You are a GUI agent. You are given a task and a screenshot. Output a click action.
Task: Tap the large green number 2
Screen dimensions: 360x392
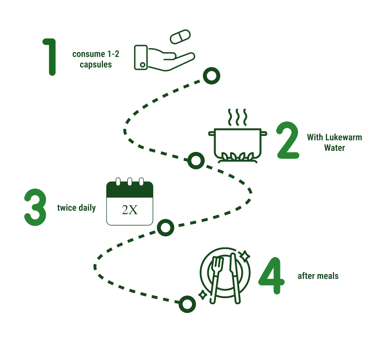pos(288,141)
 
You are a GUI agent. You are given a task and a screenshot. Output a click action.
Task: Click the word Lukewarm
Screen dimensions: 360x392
pos(342,137)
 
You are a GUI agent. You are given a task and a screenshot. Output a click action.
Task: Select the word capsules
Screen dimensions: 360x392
pos(96,65)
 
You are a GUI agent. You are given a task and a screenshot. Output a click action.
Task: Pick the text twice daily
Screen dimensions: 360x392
pos(76,208)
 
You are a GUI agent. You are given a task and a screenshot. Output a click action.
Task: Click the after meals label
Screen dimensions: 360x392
pos(318,276)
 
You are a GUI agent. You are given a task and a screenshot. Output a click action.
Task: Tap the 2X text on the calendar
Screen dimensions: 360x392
pos(130,210)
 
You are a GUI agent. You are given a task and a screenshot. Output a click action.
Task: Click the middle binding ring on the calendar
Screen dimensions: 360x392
pos(129,182)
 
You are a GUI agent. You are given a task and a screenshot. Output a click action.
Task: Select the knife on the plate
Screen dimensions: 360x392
pos(235,278)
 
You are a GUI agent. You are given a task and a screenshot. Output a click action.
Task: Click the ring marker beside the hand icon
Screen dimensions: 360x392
pos(211,76)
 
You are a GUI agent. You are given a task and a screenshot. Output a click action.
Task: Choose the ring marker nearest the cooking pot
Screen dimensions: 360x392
pos(196,161)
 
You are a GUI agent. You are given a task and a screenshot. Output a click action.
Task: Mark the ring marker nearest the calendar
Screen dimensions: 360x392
pos(166,228)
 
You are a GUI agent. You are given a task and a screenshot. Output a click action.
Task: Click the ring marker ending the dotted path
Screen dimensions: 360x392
pos(187,304)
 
